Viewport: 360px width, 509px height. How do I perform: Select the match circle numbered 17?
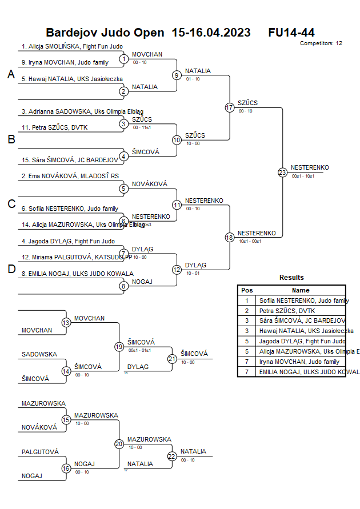tap(230, 107)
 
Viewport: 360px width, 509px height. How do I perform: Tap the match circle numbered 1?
tap(124, 58)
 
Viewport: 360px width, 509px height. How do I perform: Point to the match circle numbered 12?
tap(177, 270)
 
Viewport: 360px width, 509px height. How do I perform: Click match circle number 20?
tap(119, 444)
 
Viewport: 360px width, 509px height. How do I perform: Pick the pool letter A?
tap(11, 74)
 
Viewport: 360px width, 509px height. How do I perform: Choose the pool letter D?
tap(11, 270)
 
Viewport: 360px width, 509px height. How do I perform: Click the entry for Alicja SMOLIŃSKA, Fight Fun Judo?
tap(72, 46)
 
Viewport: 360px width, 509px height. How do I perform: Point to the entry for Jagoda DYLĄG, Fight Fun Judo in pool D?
tap(68, 242)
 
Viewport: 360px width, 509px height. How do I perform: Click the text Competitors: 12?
tap(321, 43)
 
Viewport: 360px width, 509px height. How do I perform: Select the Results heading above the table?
tap(291, 278)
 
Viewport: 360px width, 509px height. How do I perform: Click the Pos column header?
tap(247, 290)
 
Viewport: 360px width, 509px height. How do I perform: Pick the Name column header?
tap(301, 290)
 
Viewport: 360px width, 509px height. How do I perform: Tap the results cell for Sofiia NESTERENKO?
tap(302, 300)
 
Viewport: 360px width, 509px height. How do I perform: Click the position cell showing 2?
tap(247, 310)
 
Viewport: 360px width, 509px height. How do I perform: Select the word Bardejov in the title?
tap(71, 33)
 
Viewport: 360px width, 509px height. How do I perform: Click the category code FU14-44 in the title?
tap(291, 33)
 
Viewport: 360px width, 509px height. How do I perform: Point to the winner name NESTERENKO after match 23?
tap(309, 167)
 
